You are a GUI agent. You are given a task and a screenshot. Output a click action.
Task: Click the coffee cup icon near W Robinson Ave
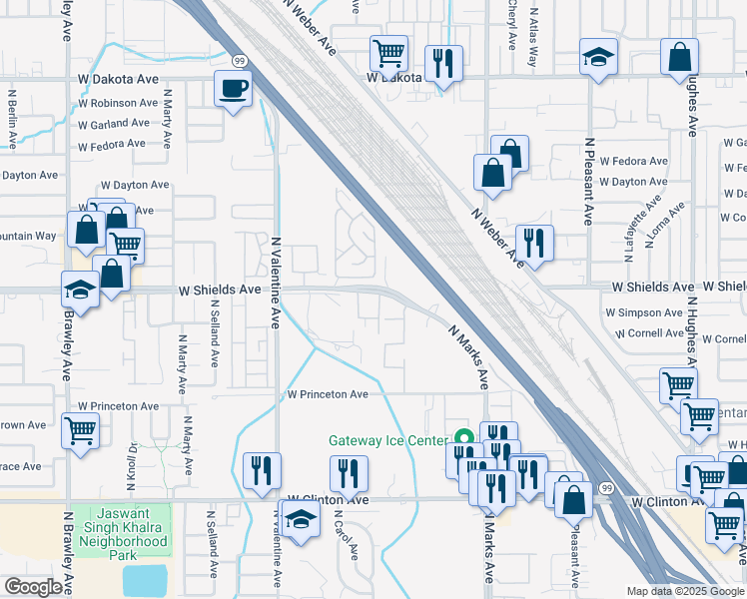[x=233, y=89]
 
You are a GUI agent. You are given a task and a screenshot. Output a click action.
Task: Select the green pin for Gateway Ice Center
[x=463, y=436]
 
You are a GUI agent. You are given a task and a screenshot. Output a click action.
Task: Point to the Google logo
[x=34, y=587]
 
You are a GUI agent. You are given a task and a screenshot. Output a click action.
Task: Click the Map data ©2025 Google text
[x=684, y=591]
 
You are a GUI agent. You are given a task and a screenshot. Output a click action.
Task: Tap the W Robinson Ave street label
[x=118, y=103]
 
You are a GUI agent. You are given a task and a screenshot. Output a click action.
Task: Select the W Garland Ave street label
[x=115, y=124]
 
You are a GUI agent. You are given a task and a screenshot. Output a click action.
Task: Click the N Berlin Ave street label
[x=12, y=118]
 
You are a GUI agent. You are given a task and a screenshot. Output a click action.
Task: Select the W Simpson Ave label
[x=644, y=312]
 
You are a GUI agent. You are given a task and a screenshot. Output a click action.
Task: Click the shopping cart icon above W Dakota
[x=388, y=51]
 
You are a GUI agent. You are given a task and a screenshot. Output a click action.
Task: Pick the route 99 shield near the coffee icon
[x=242, y=61]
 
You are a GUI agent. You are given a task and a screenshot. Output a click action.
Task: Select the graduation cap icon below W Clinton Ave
[x=298, y=519]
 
